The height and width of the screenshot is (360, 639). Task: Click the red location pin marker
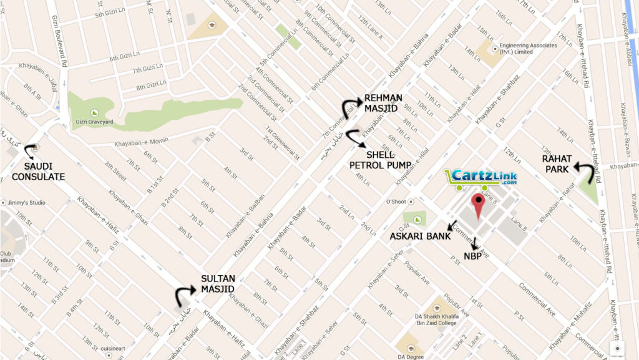coord(479,206)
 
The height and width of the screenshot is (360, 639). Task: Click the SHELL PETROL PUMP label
coord(379,160)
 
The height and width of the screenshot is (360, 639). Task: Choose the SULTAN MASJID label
coord(218,284)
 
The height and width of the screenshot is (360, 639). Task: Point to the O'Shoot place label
coord(396,202)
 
